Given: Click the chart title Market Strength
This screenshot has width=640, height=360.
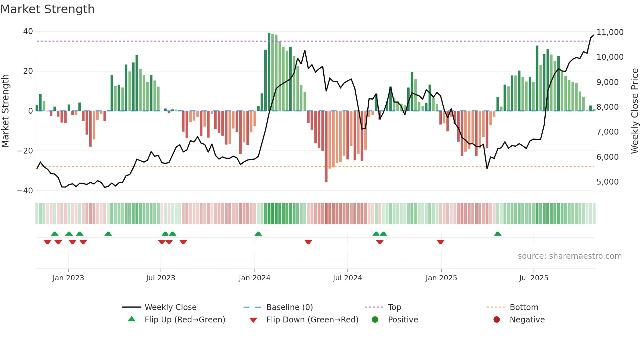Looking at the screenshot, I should [x=47, y=9].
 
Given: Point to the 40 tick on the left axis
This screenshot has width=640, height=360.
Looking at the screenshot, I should [x=28, y=31].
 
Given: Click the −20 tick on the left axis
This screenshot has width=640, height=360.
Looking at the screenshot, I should [x=25, y=151].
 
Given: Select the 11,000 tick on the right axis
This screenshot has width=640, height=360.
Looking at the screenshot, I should [x=610, y=32].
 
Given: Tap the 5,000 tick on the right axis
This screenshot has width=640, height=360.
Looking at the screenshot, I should [x=607, y=182].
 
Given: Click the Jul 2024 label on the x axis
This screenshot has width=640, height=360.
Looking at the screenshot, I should [x=347, y=278].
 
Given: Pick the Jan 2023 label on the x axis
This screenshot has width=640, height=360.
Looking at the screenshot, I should [x=68, y=278].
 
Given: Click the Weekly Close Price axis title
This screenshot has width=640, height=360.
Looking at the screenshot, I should [x=634, y=111].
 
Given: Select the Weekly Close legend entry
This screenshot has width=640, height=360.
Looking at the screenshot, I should [x=170, y=307].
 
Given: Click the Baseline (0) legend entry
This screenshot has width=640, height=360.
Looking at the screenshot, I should [x=289, y=307].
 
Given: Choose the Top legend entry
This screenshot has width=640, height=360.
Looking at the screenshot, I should [x=394, y=307].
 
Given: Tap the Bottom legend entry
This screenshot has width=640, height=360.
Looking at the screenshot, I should [x=524, y=307].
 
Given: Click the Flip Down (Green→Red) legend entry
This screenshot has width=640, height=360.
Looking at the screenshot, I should [x=312, y=320].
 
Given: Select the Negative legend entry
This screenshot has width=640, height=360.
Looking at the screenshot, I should [x=527, y=320].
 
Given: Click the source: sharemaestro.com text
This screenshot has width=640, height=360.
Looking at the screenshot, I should [x=569, y=256].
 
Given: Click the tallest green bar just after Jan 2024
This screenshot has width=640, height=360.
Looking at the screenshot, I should [x=269, y=72].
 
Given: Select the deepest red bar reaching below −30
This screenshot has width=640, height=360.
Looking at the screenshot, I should [x=326, y=147].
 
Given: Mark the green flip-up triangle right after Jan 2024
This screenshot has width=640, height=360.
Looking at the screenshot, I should [x=258, y=234].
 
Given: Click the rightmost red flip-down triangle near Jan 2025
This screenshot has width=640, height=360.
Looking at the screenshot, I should [x=440, y=242].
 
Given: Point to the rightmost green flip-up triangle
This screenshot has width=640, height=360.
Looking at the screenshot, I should [x=498, y=234].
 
